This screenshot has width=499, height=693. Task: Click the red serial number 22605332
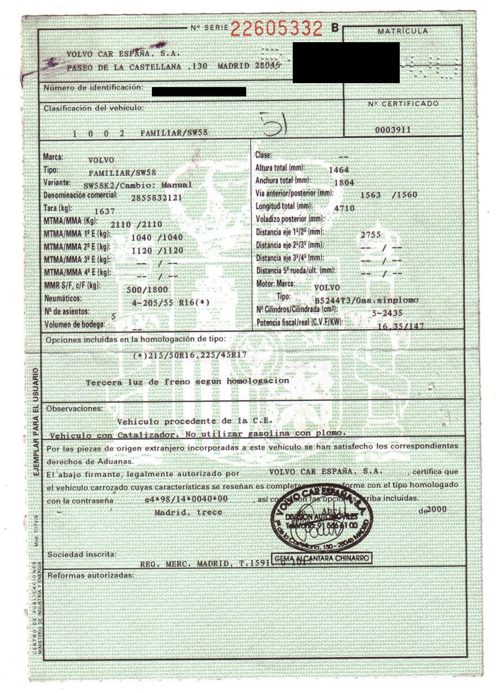pos(276,28)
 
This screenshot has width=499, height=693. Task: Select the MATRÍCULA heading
pos(403,32)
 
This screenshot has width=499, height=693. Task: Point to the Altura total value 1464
pos(339,170)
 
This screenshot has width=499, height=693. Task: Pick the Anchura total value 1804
pos(339,182)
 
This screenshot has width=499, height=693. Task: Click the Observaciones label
pos(74,409)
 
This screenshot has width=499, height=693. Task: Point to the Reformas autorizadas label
pos(90,575)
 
